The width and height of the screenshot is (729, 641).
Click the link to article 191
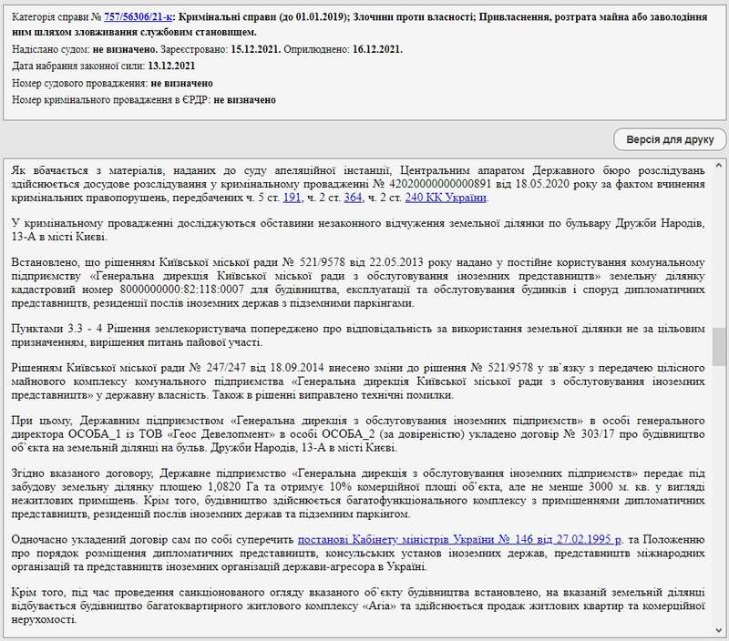pyautogui.click(x=292, y=198)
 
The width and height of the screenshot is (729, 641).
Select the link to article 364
pyautogui.click(x=353, y=198)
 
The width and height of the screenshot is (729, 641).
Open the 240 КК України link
pyautogui.click(x=446, y=198)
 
